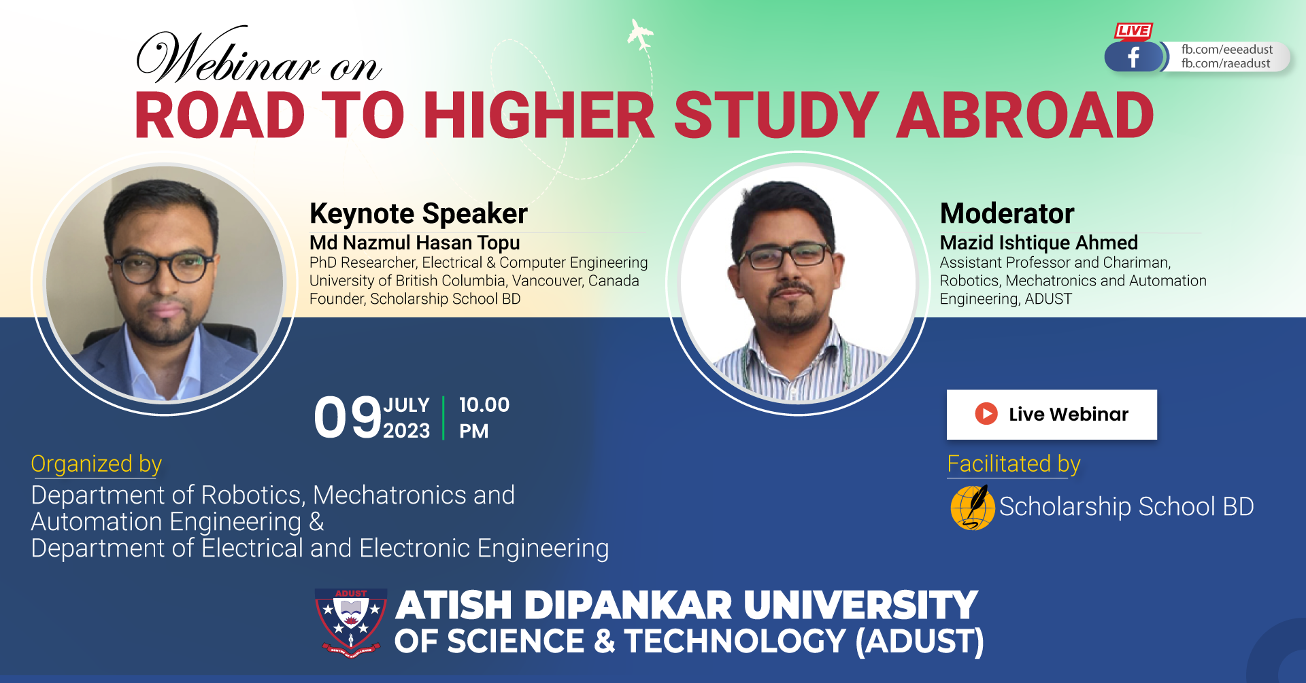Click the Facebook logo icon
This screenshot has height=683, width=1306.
pos(1134,57)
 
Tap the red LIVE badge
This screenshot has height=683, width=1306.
pos(1133,31)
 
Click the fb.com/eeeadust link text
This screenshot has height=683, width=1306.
pos(1227,50)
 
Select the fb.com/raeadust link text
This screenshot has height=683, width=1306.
pos(1226,64)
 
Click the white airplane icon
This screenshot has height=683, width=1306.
pos(640,35)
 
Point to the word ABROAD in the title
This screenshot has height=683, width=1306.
pos(1025,116)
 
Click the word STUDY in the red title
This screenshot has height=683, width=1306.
pos(776,116)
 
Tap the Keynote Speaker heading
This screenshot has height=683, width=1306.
pos(418,213)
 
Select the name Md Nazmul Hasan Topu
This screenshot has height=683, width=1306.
pos(415,243)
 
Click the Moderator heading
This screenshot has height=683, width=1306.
pos(1007,213)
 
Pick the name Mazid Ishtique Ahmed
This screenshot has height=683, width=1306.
pos(1039,243)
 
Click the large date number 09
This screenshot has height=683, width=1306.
pos(348,417)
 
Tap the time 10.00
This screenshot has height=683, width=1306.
pos(484,405)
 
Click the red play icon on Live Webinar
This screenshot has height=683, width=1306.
pos(986,413)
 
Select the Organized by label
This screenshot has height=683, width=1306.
pos(97,464)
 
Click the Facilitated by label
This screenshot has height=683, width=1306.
pos(1014,464)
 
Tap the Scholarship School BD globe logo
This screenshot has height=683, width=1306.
pos(973,507)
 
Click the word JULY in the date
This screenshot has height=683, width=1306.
pos(407,405)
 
